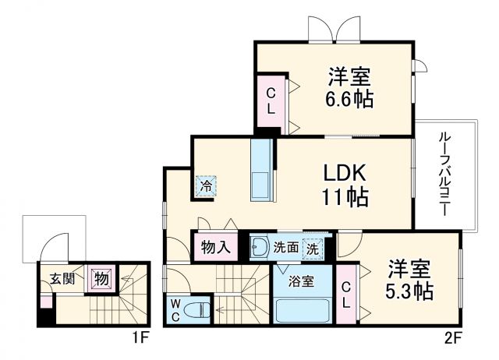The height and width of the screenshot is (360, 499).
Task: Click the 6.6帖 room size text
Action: click(x=350, y=100)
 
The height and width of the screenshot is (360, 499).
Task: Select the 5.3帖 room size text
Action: click(x=410, y=292)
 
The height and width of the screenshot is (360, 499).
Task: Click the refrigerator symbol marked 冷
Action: click(x=207, y=187)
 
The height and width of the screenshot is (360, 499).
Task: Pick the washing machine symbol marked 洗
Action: click(x=312, y=249)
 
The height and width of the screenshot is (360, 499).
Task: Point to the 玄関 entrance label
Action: click(x=62, y=278)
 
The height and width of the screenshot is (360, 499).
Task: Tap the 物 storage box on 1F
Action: click(x=101, y=277)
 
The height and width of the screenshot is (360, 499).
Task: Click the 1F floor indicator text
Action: click(x=140, y=340)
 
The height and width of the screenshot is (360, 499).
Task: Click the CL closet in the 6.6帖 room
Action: click(x=271, y=101)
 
